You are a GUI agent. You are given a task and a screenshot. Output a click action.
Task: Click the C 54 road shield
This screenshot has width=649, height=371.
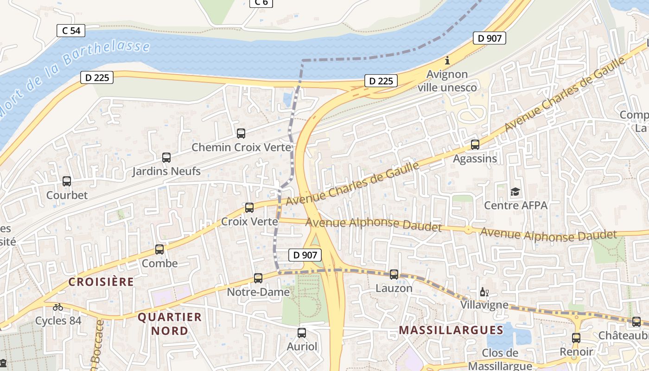(x=71, y=31)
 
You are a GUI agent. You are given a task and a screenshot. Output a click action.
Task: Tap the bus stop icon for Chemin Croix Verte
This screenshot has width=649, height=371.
(x=241, y=134)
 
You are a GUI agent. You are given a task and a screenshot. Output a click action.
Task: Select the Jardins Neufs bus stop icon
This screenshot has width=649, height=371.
(x=166, y=158)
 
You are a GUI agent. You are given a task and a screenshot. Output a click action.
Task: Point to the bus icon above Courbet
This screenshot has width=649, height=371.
(x=67, y=181)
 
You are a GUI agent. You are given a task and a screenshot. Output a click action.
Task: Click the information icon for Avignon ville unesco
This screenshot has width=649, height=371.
(x=447, y=60)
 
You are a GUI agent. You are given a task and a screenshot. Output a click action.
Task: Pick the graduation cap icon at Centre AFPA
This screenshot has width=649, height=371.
(x=515, y=192)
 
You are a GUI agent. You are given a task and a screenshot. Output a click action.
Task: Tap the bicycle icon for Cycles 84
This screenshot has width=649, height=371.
(x=58, y=307)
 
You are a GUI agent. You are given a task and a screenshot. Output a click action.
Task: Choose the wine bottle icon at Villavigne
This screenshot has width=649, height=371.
(x=484, y=292)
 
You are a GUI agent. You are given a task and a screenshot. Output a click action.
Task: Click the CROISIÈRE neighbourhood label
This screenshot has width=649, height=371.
(x=101, y=282)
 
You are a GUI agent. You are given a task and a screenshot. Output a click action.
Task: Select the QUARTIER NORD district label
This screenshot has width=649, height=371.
(x=170, y=324)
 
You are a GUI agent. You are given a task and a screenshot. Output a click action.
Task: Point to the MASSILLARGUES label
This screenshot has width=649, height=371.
(x=451, y=330)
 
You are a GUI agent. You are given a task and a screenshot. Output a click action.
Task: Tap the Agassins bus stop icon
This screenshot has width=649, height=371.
(x=475, y=145)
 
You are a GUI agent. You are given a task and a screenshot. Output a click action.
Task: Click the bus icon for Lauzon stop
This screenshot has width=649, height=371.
(x=394, y=275)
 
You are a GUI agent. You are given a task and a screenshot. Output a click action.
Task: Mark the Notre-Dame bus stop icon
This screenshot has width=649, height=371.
(x=258, y=278)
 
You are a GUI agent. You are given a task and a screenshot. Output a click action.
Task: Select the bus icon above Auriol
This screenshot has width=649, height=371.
(x=302, y=333)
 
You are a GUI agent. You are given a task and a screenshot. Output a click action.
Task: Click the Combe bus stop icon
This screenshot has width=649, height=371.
(x=159, y=249)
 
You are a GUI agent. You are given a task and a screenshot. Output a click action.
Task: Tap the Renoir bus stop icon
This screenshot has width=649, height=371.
(x=576, y=338)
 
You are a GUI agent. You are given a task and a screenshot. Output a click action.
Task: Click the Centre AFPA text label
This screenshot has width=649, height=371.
(x=515, y=205)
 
